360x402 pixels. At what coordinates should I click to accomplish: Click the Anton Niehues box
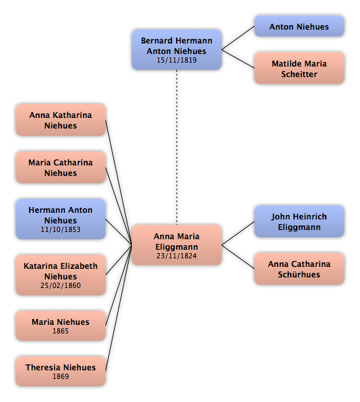(299, 26)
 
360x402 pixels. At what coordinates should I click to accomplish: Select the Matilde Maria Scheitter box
(299, 68)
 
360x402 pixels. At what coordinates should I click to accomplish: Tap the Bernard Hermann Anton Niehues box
(177, 49)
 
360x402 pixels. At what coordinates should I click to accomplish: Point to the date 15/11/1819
(177, 60)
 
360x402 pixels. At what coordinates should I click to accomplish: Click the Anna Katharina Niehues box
(61, 120)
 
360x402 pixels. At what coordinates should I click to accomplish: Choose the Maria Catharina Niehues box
(61, 167)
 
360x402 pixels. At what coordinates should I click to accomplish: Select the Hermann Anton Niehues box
(61, 219)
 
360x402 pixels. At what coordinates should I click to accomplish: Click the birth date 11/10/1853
(61, 229)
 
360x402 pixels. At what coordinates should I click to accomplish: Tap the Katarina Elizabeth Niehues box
(61, 275)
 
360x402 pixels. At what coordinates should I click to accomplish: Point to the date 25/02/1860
(61, 285)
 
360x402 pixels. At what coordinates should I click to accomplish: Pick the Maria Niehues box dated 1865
(61, 326)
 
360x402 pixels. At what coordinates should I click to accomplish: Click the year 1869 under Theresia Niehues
(61, 376)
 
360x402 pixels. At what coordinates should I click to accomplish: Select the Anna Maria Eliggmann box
(177, 245)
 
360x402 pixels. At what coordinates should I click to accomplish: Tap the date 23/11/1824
(177, 256)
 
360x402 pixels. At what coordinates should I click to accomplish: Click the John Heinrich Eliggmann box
(299, 221)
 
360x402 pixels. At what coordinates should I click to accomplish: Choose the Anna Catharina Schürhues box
(299, 269)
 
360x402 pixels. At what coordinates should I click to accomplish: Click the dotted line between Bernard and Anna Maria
(177, 148)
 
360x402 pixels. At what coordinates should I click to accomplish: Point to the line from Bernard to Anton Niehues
(238, 38)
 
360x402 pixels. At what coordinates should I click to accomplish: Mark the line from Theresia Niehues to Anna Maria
(119, 308)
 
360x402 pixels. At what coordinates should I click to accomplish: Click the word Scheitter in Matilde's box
(299, 74)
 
